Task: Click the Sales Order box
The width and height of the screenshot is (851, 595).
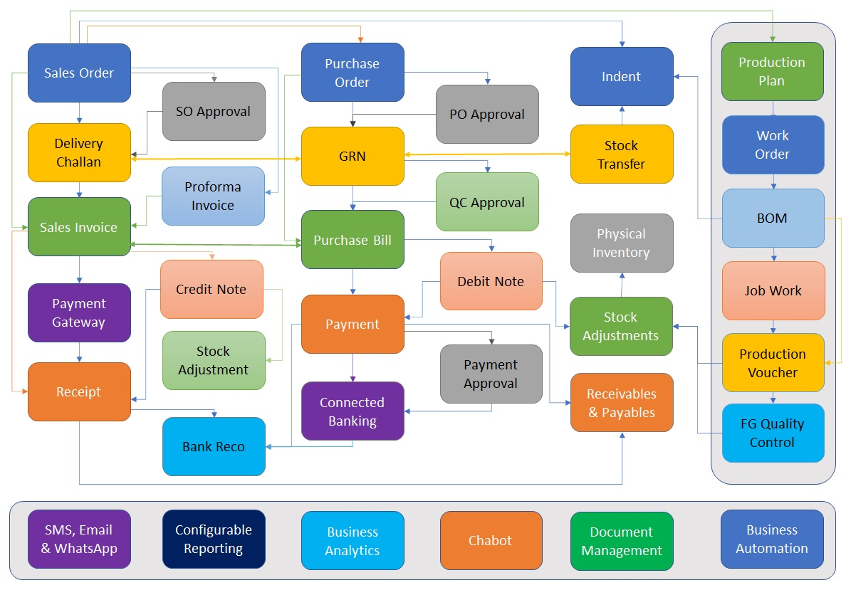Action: pos(79,73)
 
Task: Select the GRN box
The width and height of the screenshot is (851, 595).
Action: pos(353,156)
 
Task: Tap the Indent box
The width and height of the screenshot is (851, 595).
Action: pos(622,76)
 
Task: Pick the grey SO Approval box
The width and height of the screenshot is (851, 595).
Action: pos(214,111)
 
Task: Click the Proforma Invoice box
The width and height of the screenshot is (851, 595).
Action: pos(213,196)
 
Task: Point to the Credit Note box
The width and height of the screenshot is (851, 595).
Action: pos(212,289)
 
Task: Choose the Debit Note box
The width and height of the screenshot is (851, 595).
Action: pos(491,281)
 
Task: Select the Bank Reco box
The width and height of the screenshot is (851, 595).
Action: pos(214,446)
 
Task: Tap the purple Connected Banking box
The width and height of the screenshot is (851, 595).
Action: pos(353,411)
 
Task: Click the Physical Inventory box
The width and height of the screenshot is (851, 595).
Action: pos(622,243)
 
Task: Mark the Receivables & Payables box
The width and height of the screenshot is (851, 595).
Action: pos(622,403)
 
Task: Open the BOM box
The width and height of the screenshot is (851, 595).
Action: pos(773,218)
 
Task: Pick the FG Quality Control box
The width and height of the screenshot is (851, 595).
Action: pos(773,433)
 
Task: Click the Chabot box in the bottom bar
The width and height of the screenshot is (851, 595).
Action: pos(491,540)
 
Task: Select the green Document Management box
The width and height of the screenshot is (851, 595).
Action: pos(622,541)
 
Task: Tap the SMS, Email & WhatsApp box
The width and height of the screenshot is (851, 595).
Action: pos(79,539)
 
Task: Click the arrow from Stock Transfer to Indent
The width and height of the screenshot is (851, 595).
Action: pos(622,115)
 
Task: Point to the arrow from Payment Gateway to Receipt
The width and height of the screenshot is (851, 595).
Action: pos(79,352)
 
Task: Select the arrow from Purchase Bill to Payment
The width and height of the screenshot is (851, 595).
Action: pos(353,282)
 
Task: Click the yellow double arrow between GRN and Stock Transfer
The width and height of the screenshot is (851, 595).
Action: pos(487,154)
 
